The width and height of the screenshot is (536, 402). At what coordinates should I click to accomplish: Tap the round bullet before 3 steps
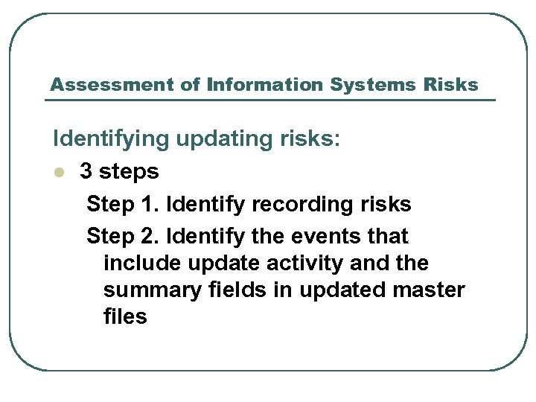60,173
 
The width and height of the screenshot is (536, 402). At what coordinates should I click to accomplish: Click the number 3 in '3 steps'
86,172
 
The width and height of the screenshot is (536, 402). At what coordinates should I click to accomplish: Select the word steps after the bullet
129,173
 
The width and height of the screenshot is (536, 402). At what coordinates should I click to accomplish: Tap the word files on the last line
125,316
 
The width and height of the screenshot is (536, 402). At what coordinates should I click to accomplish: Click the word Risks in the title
450,85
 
